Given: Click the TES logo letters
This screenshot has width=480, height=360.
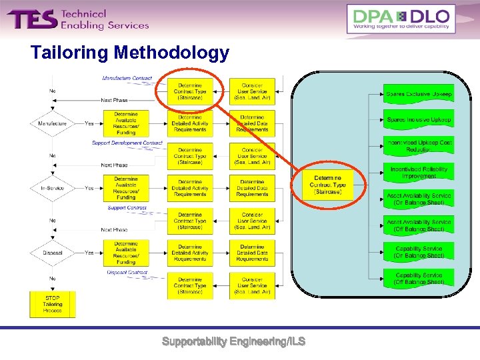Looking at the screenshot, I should (32, 19).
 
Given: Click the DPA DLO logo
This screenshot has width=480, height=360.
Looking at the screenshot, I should (401, 19).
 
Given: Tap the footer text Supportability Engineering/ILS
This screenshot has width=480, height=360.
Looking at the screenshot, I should (233, 341).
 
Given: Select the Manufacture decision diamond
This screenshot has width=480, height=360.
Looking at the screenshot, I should (53, 123).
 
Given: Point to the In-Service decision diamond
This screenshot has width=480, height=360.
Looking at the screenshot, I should (53, 188).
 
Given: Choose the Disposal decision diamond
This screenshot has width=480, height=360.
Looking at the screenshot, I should (53, 253).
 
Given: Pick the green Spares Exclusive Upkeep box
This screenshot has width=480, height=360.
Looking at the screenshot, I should (419, 94).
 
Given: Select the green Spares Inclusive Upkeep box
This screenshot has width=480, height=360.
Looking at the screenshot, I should (419, 120).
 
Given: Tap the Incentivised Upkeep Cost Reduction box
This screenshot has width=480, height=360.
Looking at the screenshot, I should (419, 146).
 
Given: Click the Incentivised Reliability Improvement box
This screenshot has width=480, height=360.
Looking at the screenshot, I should (419, 173).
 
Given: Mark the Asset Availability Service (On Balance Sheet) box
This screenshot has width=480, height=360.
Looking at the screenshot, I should (419, 199).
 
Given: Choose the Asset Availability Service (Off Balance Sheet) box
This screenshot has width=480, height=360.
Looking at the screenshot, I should (419, 225).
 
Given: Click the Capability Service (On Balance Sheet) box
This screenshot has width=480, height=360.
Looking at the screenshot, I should (419, 251).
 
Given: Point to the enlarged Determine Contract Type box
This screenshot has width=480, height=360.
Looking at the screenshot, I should (328, 185).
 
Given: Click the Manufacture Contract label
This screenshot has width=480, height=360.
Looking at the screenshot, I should (127, 79).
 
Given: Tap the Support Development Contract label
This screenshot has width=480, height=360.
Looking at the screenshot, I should (127, 143).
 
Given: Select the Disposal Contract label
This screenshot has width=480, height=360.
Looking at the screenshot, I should (127, 273).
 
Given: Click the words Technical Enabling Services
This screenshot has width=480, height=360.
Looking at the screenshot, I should (104, 19).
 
